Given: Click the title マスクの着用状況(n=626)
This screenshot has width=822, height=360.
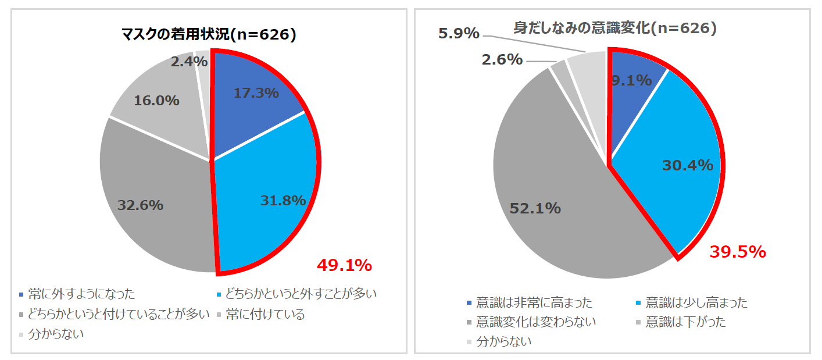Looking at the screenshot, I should click(209, 35).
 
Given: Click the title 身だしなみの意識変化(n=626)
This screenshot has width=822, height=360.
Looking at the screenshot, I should click(615, 28).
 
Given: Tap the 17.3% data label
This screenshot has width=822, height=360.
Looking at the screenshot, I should click(256, 92).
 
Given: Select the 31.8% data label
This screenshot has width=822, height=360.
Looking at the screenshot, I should click(283, 201).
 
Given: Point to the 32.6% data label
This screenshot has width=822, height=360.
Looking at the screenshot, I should click(140, 205).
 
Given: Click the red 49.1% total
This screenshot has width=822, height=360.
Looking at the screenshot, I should click(344, 265).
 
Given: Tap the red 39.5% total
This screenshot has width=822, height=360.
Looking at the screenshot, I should click(738, 252).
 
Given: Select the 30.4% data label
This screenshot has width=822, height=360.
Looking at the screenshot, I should click(688, 165).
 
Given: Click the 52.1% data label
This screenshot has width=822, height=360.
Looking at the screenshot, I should click(535, 208).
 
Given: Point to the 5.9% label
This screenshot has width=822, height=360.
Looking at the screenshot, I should click(459, 33).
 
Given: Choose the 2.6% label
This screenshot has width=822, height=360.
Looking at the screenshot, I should click(502, 59).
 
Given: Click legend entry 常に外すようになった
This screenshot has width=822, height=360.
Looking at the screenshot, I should click(81, 294).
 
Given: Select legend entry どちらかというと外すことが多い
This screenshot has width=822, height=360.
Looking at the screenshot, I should click(301, 294).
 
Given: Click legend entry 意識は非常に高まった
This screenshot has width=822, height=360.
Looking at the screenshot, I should click(534, 302).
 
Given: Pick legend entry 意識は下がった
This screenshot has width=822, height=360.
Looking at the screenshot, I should click(685, 321).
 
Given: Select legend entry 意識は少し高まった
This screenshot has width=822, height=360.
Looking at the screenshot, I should click(696, 302).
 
